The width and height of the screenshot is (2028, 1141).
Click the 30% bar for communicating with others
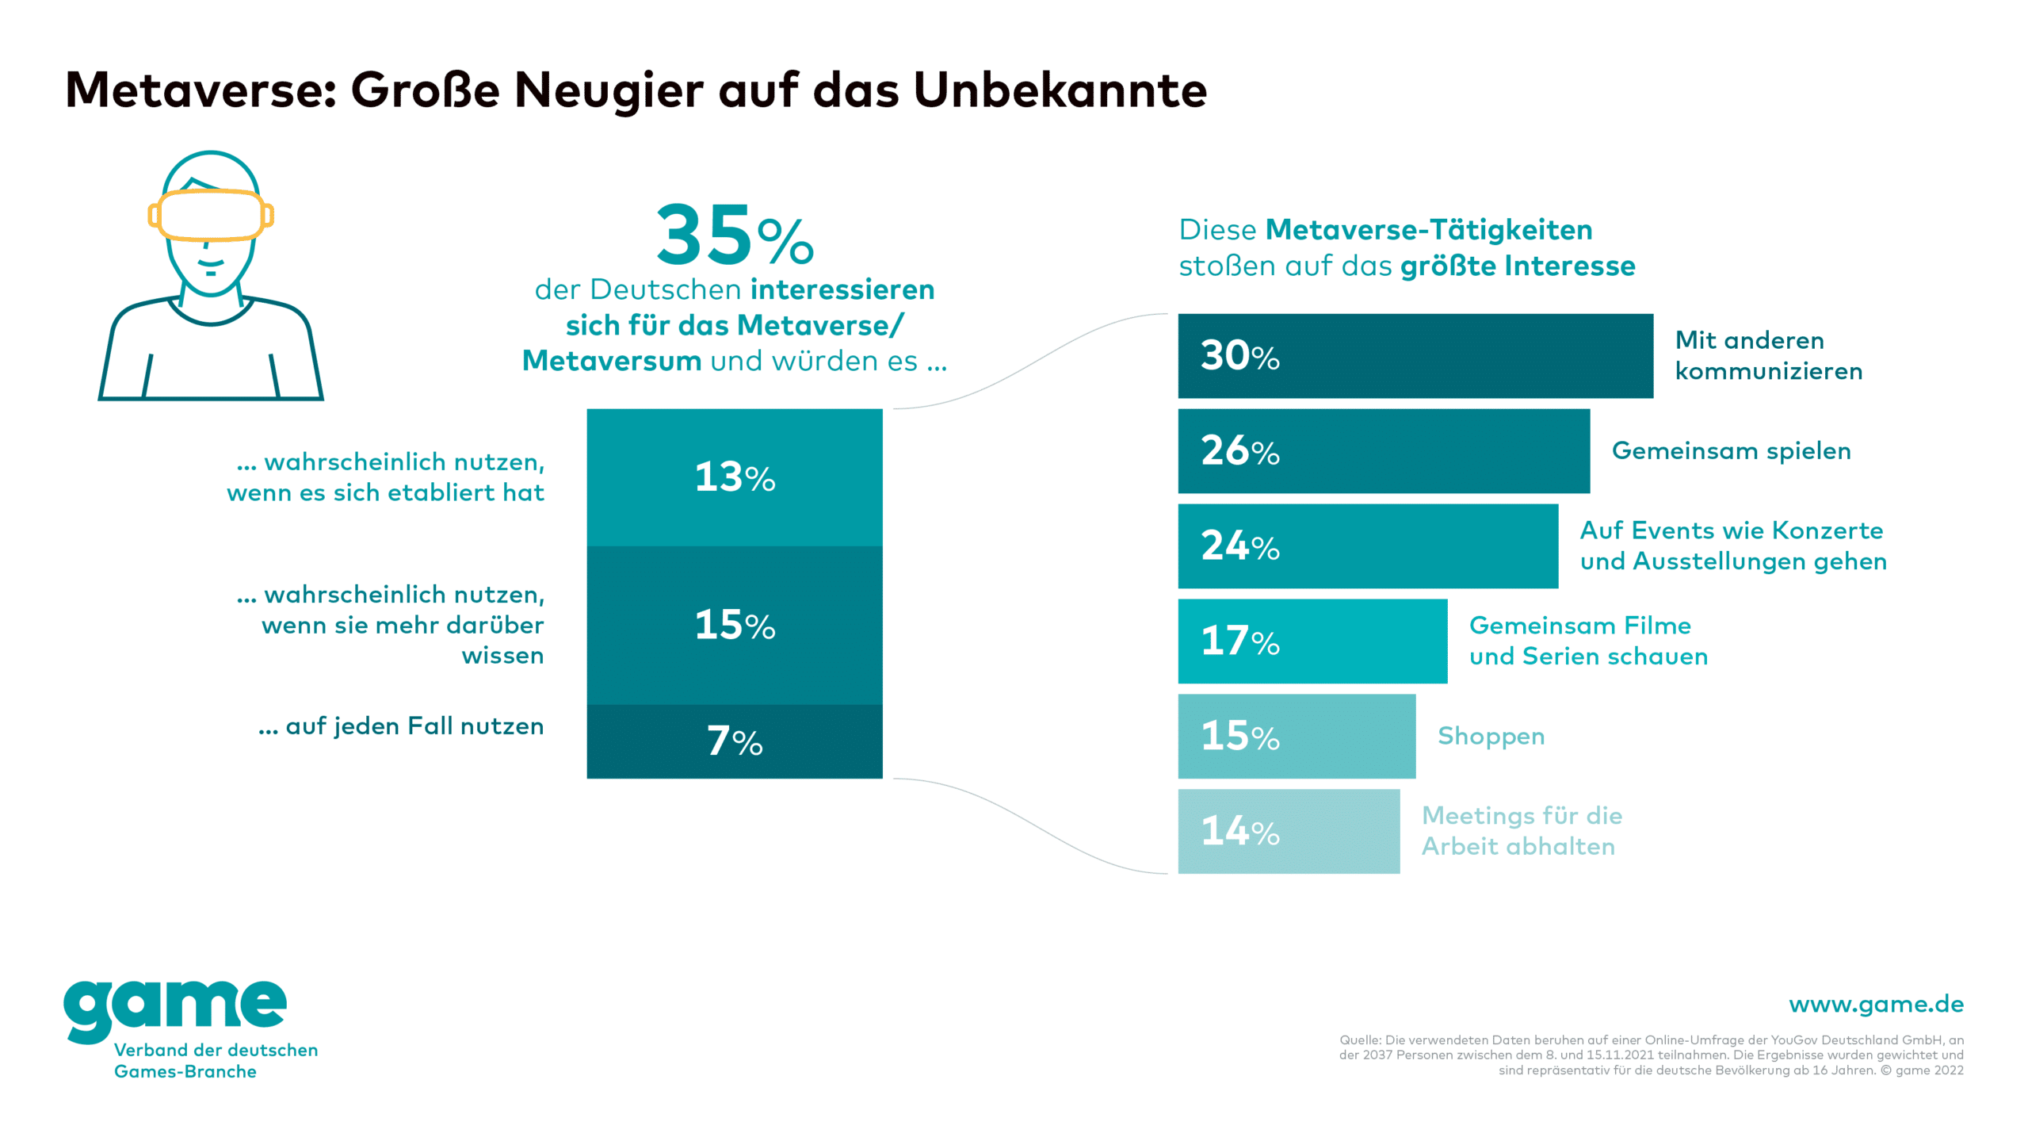[x=1415, y=356]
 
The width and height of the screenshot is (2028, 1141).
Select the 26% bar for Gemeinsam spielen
[x=1383, y=451]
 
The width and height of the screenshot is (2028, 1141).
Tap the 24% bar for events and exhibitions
[x=1367, y=546]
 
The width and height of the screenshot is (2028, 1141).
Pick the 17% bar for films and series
[x=1312, y=641]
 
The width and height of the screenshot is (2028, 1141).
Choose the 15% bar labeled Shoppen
[x=1296, y=737]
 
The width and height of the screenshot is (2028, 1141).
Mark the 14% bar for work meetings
[x=1288, y=832]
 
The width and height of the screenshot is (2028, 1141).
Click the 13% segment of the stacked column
[x=734, y=477]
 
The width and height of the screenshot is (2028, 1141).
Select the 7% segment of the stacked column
[x=734, y=741]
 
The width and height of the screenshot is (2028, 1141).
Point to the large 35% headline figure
[x=734, y=235]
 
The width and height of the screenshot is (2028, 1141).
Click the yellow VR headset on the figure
[x=210, y=214]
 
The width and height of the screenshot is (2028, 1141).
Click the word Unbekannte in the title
[x=1060, y=90]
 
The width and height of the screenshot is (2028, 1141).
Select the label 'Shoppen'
[x=1491, y=737]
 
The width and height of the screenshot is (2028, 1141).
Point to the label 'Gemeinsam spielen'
[x=1731, y=451]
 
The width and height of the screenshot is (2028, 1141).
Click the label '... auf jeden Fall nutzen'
[x=401, y=726]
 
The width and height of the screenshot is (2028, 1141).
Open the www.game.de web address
[x=1876, y=1005]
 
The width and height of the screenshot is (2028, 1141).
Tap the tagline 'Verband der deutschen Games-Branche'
[x=216, y=1061]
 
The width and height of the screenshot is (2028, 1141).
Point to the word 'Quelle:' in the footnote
[x=1360, y=1040]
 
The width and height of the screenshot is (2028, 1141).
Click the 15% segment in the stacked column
[x=734, y=625]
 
